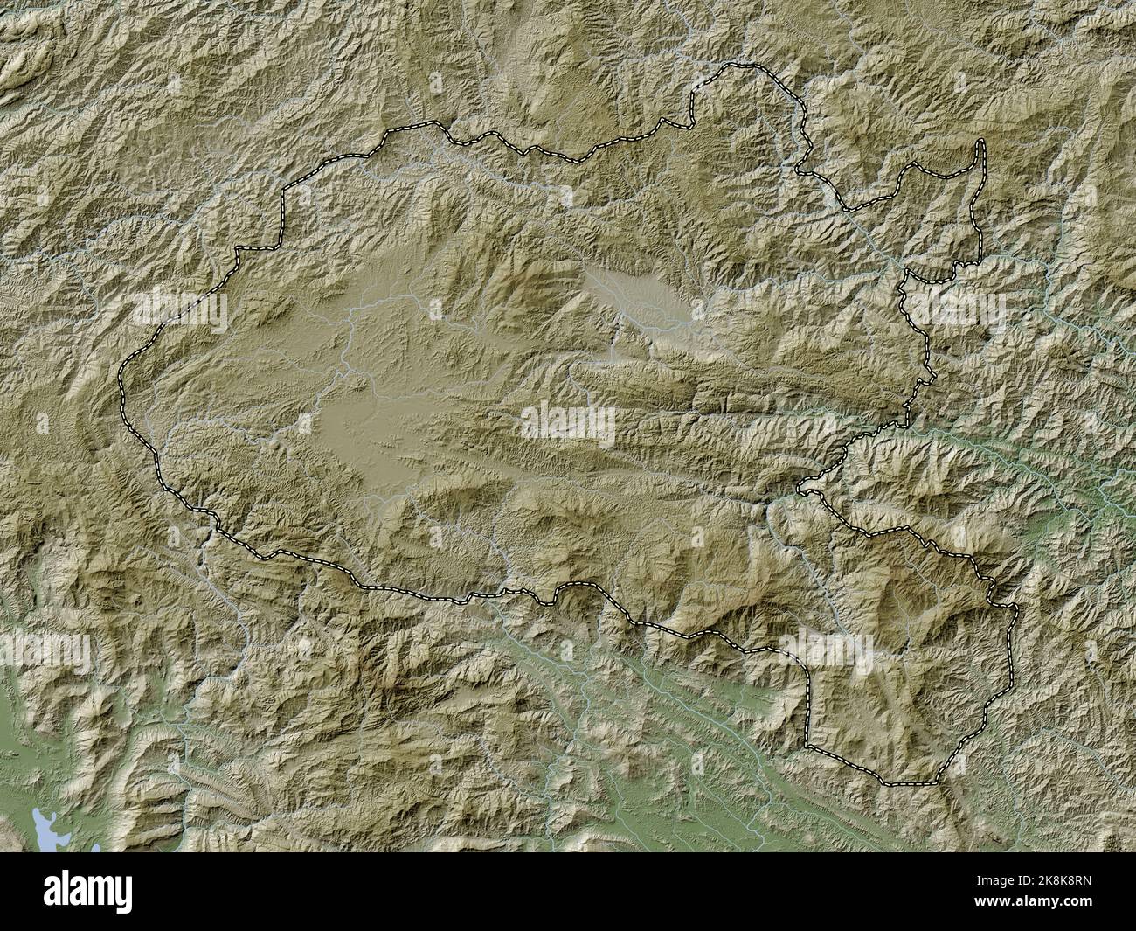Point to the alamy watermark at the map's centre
tap(568, 424)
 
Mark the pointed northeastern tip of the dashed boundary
tap(980, 142)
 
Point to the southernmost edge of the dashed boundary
tap(909, 783)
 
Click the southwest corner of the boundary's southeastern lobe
tap(808, 747)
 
